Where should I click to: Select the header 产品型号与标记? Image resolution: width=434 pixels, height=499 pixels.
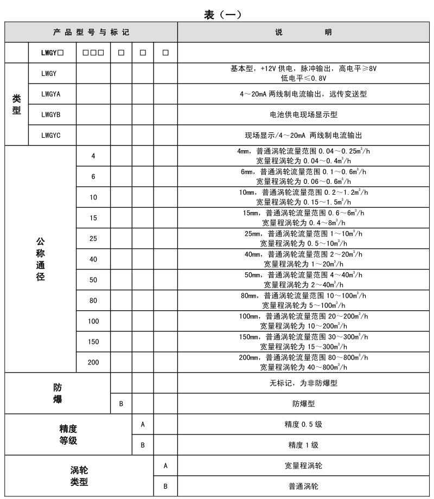pos(91,33)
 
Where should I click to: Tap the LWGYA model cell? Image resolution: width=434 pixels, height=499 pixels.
pos(51,94)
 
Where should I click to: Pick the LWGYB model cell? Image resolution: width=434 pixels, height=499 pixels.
pos(51,114)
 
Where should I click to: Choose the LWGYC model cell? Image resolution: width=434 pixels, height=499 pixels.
pos(51,135)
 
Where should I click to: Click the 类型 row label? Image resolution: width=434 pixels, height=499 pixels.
pos(16,104)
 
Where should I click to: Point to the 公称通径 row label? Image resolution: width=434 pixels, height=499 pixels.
pos(40,259)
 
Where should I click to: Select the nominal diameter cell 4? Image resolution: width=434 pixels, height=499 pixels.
pos(93,156)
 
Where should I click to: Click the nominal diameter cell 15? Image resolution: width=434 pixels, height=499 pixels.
pos(93,218)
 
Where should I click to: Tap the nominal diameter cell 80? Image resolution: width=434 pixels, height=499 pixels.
pos(93,300)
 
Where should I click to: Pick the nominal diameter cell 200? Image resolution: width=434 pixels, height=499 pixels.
pos(93,362)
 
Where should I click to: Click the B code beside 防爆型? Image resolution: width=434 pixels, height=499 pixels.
pos(121,404)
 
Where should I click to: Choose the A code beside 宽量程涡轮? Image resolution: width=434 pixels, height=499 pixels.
pos(165,465)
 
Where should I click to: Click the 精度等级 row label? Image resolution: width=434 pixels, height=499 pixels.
pos(68,435)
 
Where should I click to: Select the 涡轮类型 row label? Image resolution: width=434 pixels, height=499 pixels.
pos(79,476)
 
